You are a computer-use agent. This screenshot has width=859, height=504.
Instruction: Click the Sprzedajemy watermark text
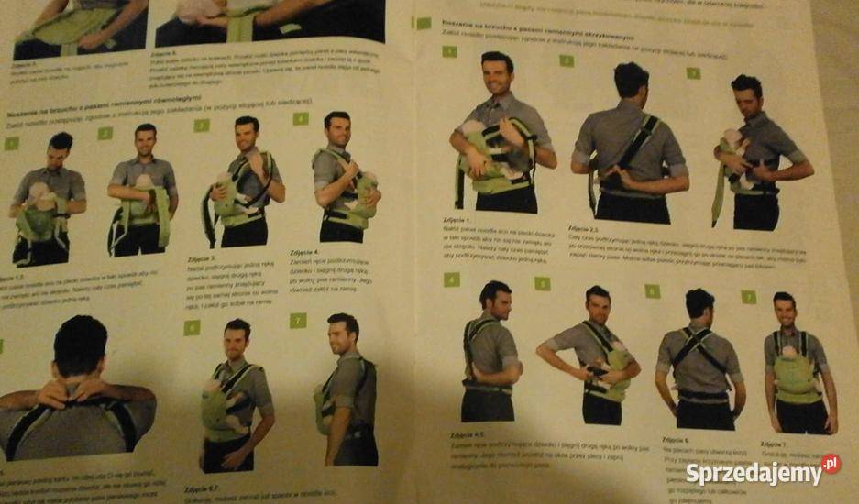coord(754,474)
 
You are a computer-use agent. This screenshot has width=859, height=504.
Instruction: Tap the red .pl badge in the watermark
coord(830,464)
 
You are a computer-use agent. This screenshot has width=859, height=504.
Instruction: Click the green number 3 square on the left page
coord(201,126)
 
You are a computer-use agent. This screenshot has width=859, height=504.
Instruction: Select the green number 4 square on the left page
coord(300,118)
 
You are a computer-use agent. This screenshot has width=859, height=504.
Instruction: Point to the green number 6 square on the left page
coord(192,327)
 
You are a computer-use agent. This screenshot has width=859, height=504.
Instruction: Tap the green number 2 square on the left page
coord(105,134)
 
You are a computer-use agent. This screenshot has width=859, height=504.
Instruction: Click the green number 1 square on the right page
coord(449,51)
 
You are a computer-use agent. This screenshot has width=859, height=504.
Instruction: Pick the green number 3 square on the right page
coord(693,72)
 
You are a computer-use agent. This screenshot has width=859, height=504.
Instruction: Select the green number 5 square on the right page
coord(543,284)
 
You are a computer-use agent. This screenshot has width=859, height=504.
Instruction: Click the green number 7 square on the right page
coord(748,297)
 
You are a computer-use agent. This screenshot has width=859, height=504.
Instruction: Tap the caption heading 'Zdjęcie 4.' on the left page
coord(303,252)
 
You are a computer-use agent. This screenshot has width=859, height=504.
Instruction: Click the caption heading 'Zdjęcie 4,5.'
coord(467,433)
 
